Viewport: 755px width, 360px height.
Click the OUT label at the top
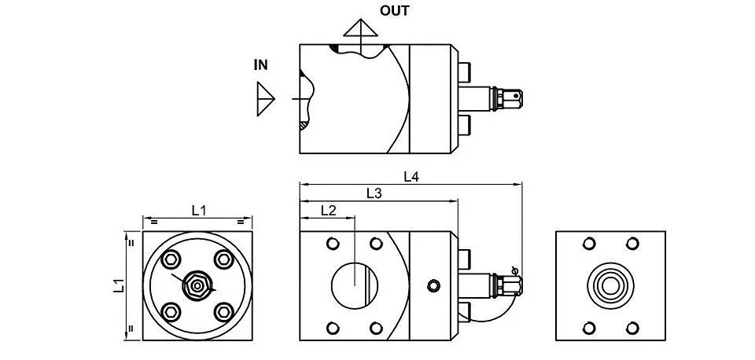(x=394, y=10)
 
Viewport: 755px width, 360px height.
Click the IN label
(x=261, y=65)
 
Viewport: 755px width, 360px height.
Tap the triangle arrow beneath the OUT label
(x=360, y=28)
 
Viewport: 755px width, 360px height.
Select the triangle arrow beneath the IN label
(x=265, y=99)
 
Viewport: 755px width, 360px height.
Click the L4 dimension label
(x=411, y=177)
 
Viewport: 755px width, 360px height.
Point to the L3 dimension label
(x=374, y=193)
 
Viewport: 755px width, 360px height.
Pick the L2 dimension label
(x=328, y=210)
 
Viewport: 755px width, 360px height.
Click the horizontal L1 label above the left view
(x=199, y=211)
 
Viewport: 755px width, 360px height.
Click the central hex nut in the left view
(x=197, y=286)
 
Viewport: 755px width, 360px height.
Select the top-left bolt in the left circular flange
(x=171, y=260)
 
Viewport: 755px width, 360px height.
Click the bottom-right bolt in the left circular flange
(x=224, y=312)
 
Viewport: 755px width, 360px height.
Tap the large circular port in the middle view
(x=355, y=286)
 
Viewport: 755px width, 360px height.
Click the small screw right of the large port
(x=433, y=286)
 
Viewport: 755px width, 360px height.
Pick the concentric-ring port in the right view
(x=610, y=286)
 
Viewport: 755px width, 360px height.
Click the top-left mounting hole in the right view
(x=589, y=244)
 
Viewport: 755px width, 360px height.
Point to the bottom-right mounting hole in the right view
(x=632, y=329)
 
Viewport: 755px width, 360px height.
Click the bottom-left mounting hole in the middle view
(x=333, y=329)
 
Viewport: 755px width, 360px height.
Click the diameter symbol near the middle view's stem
(x=514, y=271)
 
